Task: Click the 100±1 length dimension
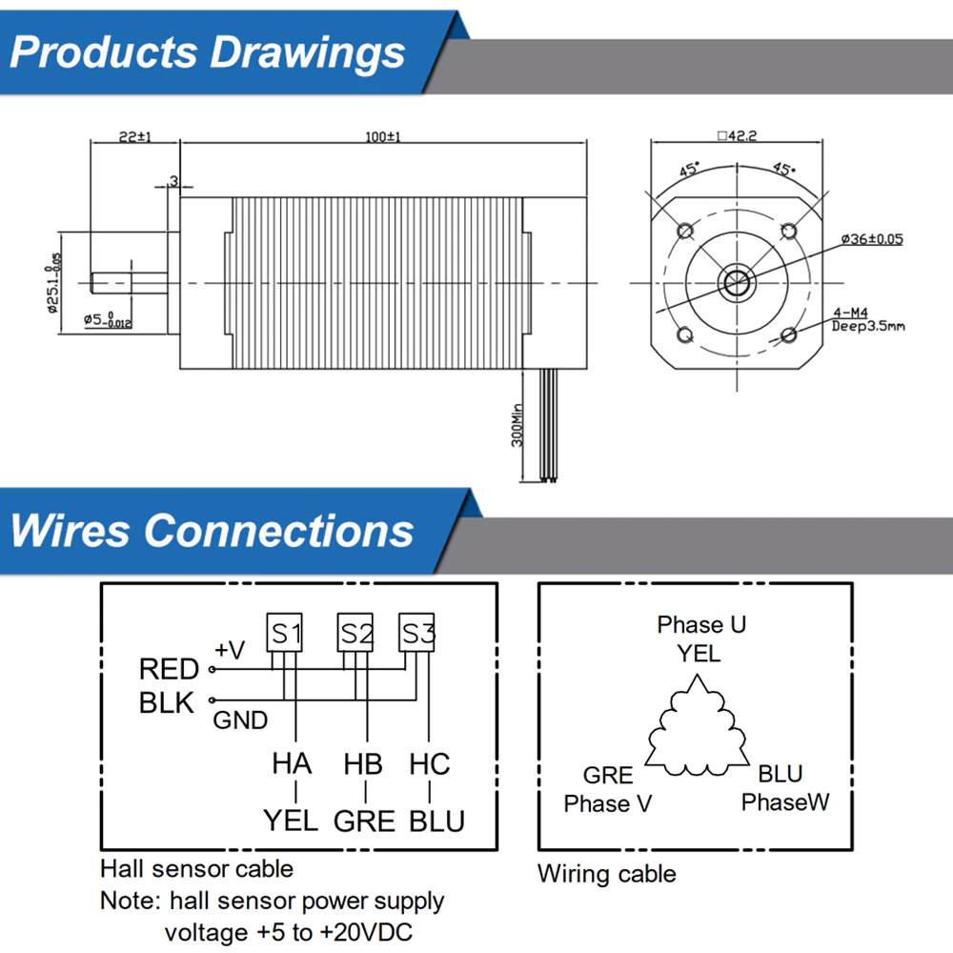coord(381,137)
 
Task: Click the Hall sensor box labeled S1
coord(286,633)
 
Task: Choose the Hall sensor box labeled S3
coord(417,633)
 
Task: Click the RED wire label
coord(169,669)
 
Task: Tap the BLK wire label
coord(167,703)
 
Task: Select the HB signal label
coord(363,764)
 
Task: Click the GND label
coord(240,720)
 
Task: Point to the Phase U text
coord(701,625)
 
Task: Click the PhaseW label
coord(785,802)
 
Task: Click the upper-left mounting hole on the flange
coord(683,231)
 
